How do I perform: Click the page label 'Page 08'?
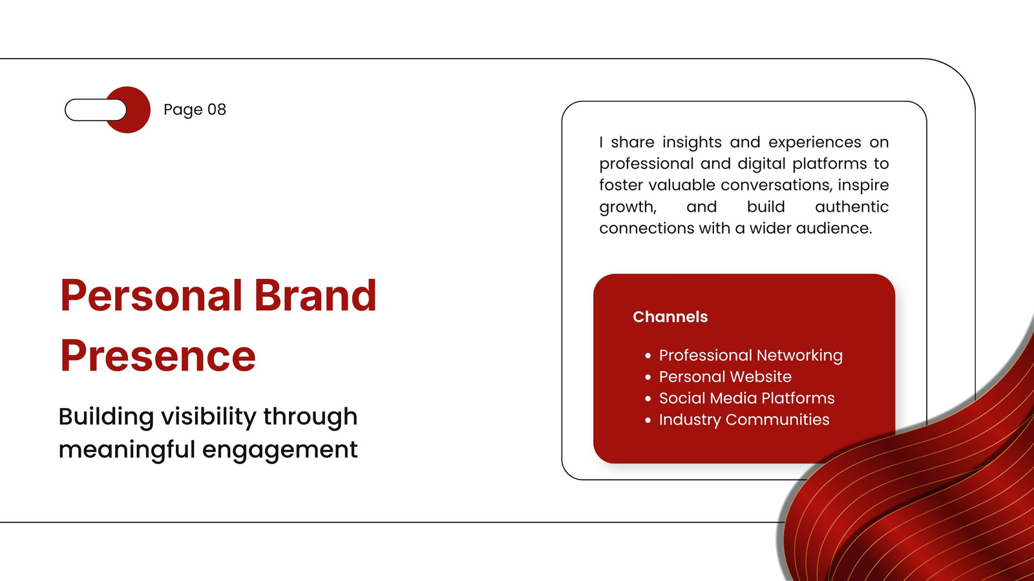(195, 110)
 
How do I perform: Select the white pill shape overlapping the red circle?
(96, 110)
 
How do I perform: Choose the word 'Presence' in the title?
(158, 356)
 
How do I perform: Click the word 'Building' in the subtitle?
(106, 417)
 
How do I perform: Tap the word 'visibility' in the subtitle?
(209, 416)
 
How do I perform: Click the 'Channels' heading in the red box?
(670, 317)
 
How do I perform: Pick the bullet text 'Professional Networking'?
(750, 356)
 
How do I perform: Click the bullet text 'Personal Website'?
(725, 377)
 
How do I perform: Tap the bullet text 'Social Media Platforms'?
(747, 398)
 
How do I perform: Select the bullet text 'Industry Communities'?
(744, 420)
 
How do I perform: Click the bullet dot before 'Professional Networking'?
(648, 356)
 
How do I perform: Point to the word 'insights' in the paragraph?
(692, 142)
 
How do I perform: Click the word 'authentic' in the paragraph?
(852, 207)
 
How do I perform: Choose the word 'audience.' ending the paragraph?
(834, 229)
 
